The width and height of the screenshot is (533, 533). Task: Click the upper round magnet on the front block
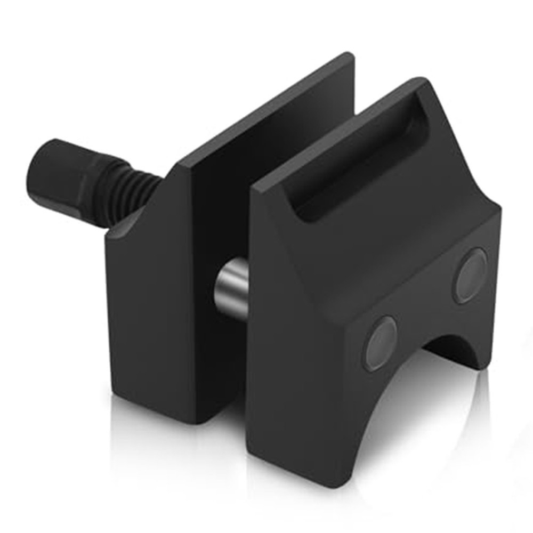470,276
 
